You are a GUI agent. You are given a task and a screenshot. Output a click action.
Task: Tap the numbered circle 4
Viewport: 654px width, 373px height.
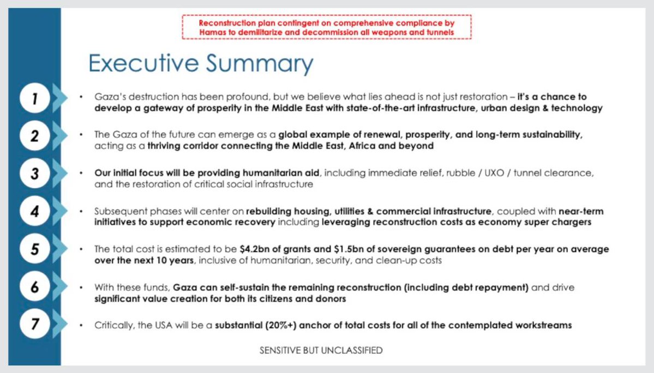[34, 211]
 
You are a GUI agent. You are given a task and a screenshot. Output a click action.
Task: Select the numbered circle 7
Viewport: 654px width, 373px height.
[34, 324]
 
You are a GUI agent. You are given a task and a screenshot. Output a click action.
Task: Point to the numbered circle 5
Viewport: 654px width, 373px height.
[34, 249]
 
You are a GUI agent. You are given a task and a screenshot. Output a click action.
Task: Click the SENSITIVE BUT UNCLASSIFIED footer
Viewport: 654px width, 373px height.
[321, 351]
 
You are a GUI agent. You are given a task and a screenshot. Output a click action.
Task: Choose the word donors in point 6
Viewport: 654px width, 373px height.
[329, 299]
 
